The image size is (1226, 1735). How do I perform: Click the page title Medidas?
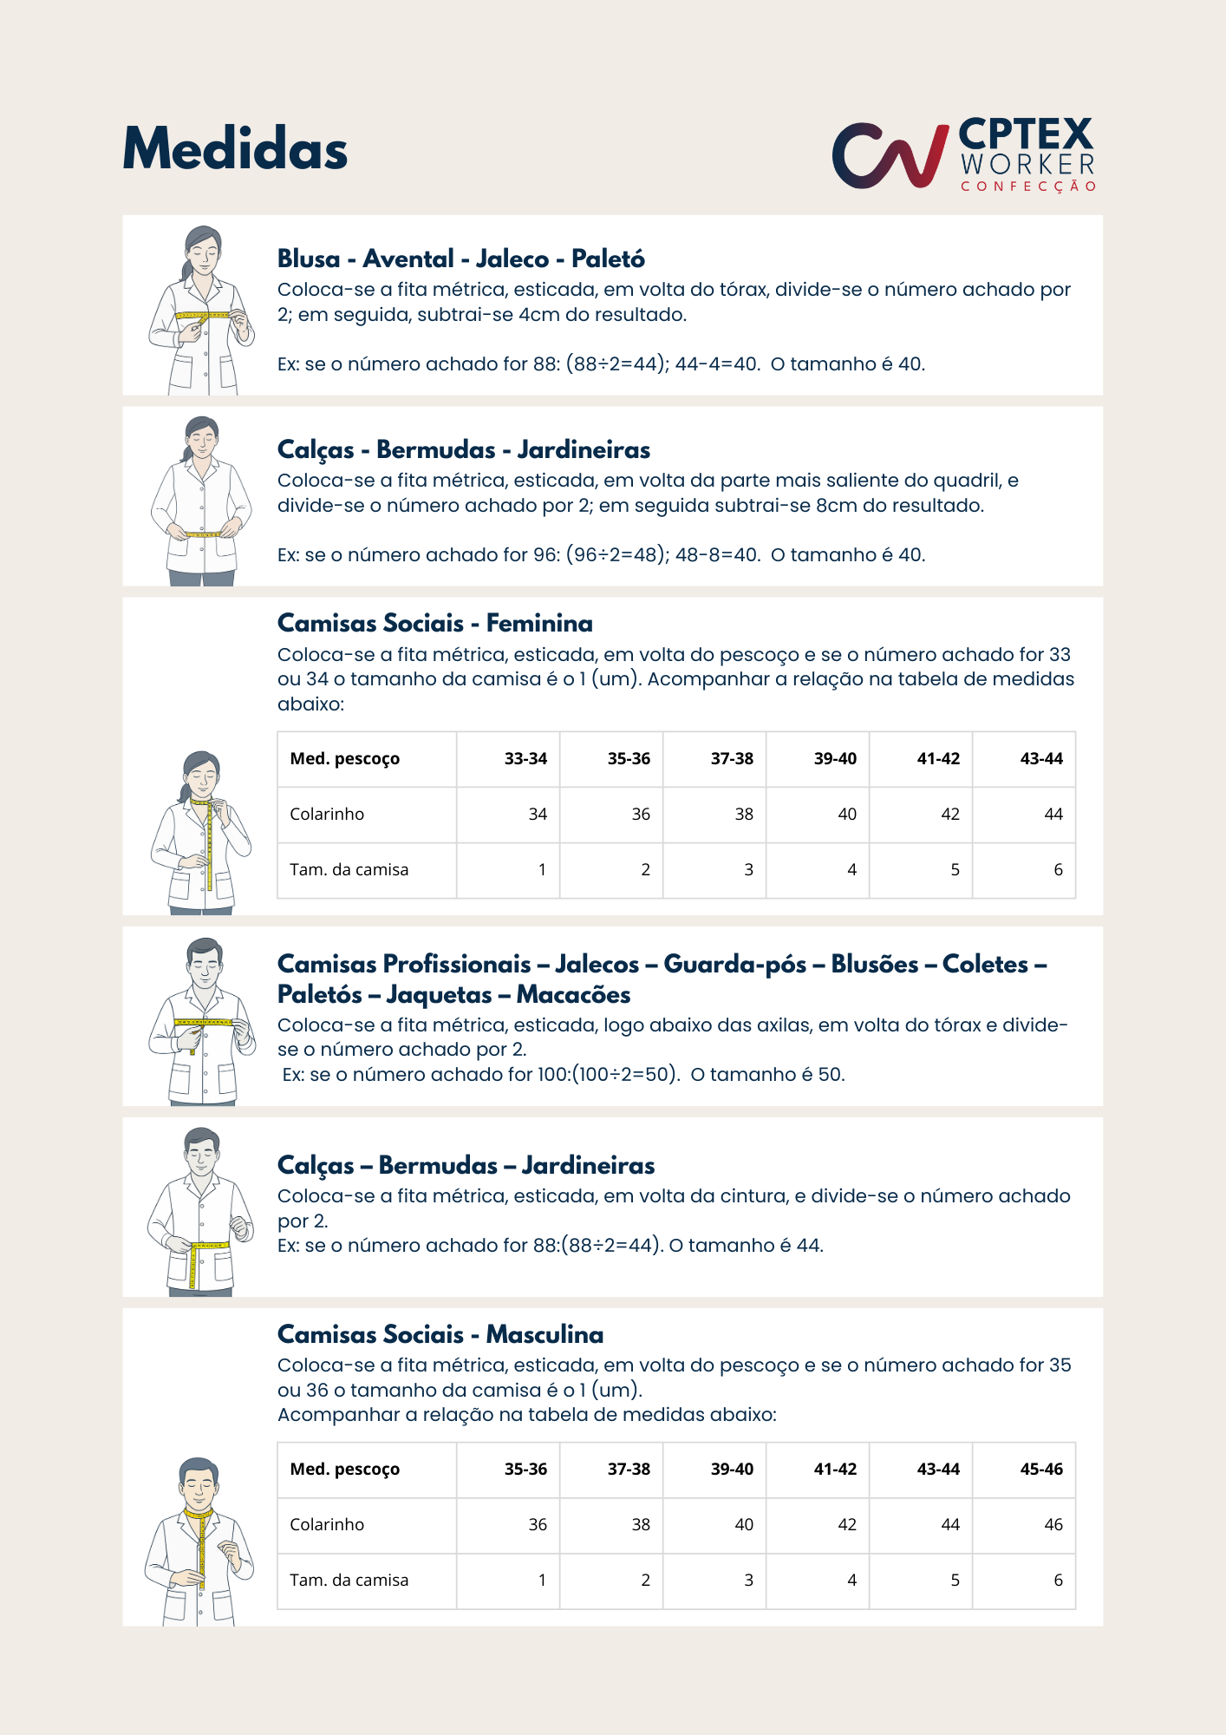coord(235,149)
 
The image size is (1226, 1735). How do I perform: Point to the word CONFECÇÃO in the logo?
coord(1028,187)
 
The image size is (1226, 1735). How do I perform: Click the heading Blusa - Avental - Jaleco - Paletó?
coord(460,259)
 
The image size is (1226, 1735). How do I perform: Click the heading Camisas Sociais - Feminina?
coord(434,623)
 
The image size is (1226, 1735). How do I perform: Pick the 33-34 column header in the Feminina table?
coord(525,759)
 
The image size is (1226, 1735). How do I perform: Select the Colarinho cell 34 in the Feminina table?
coord(538,815)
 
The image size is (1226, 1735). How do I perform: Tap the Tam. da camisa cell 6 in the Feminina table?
coord(1058,870)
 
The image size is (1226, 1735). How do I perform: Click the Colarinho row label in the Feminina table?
coord(327,815)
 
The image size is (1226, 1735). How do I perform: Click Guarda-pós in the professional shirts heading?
coord(734,964)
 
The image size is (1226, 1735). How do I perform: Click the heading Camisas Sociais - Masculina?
coord(440,1334)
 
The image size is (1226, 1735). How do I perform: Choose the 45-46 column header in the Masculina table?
coord(1040,1470)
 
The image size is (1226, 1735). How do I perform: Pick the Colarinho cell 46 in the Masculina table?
coord(1053,1525)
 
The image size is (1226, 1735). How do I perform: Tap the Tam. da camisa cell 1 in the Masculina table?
coord(542,1581)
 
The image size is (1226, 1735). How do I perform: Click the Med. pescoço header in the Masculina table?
coord(344,1470)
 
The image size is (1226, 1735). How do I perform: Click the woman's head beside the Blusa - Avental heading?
coord(202,249)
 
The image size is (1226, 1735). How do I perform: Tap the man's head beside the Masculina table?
coord(199,1481)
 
